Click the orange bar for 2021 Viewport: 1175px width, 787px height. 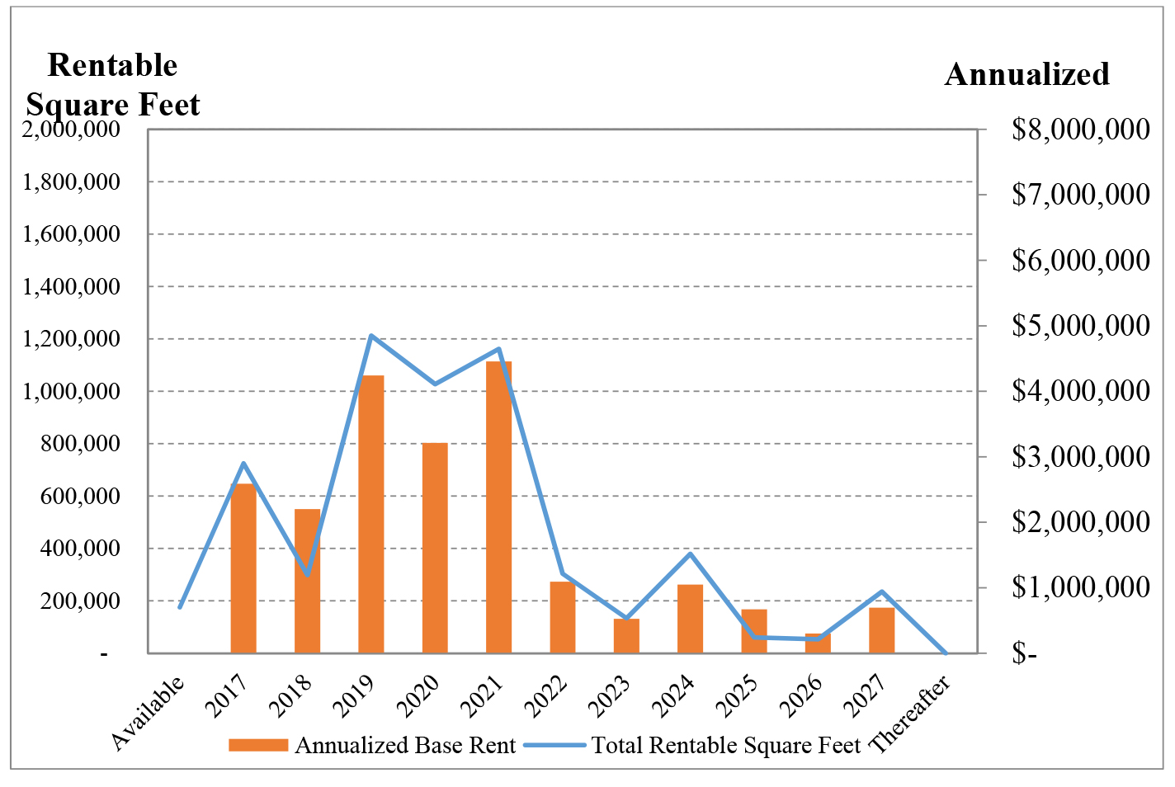[498, 507]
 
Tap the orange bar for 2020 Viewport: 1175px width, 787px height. [435, 548]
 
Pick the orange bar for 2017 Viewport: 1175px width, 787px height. [243, 568]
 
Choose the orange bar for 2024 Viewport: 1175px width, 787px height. [690, 619]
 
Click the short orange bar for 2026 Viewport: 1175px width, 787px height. [818, 643]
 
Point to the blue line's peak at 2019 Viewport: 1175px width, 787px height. [371, 336]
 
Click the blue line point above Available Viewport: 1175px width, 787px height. [180, 607]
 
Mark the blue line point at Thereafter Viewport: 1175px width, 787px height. [946, 653]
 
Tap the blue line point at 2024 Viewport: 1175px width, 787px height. [691, 554]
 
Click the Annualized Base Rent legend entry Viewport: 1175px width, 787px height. [372, 746]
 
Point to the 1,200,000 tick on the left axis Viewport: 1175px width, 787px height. [71, 339]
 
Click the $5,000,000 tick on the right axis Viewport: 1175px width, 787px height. [1080, 326]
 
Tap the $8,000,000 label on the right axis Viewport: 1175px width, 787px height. [1080, 130]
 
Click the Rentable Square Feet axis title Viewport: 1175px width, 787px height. [113, 85]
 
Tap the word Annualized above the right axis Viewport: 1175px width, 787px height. [1026, 75]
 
